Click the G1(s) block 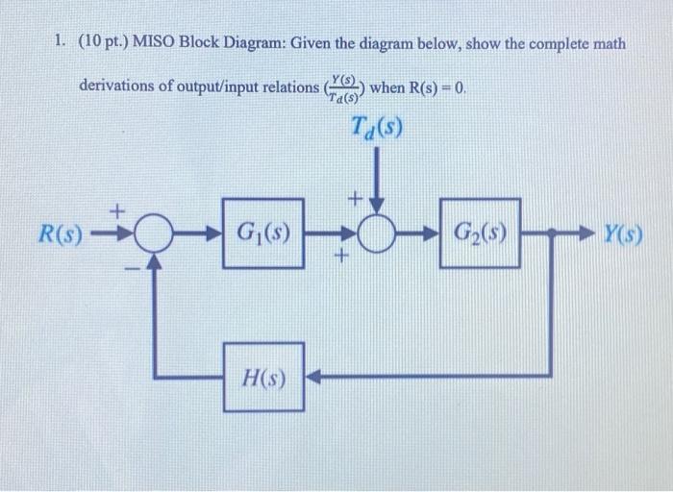262,233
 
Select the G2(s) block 480,233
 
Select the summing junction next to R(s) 148,233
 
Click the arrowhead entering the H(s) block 312,376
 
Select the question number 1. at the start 60,44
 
